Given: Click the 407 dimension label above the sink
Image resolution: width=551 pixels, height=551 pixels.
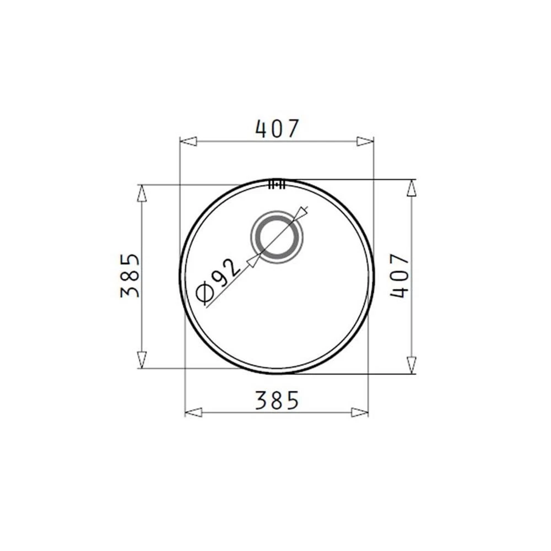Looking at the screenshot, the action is click(x=277, y=128).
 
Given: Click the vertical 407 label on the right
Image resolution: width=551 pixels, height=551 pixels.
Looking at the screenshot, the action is click(x=400, y=275).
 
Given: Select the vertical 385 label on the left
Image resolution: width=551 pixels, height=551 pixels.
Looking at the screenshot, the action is click(x=129, y=275).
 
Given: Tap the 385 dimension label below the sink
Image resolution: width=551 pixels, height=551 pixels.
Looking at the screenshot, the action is click(x=277, y=400).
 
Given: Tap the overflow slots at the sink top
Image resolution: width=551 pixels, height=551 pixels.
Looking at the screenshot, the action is click(x=277, y=185).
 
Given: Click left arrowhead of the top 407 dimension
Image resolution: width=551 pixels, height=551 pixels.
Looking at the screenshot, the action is click(x=188, y=141).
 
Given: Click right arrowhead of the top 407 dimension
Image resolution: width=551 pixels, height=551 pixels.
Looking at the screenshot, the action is click(x=365, y=141).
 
